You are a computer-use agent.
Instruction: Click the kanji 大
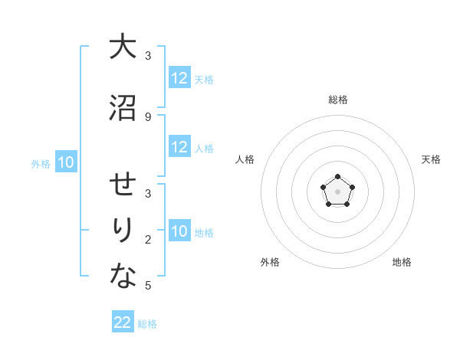123,47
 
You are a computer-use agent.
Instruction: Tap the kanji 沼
123,108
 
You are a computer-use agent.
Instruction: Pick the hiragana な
123,277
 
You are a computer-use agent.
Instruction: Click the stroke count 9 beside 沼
148,116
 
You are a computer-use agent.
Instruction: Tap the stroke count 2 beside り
148,240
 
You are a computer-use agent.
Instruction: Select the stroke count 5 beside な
148,286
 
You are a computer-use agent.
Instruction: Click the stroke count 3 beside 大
148,56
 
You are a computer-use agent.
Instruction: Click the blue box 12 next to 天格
179,77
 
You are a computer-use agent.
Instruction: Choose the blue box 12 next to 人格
179,147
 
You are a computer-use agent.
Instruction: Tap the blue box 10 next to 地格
179,232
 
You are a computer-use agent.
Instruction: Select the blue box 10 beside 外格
65,162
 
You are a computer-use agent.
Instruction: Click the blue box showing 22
123,322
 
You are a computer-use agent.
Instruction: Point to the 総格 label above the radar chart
337,100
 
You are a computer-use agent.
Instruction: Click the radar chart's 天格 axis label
431,159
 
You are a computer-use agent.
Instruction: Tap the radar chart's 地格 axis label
402,262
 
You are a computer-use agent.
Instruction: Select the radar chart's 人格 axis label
245,159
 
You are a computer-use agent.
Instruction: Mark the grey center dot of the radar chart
337,191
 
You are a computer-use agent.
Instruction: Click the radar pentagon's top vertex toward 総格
337,177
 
